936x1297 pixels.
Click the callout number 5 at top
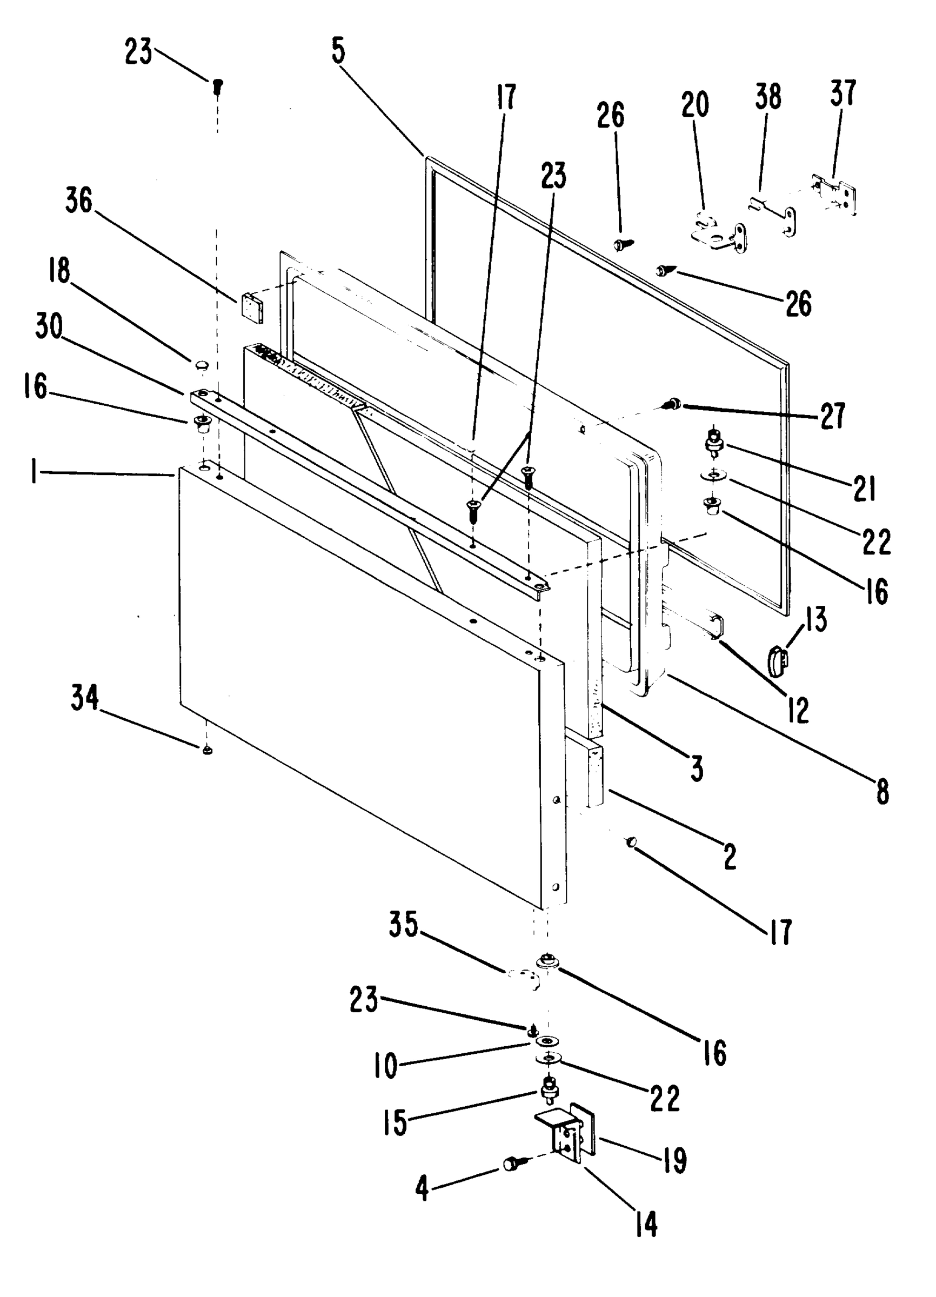[338, 51]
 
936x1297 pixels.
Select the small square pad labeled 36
[252, 307]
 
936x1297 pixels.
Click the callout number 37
[843, 93]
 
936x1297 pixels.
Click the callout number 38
[768, 98]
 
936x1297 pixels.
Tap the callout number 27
[832, 416]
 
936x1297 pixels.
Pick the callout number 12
[798, 710]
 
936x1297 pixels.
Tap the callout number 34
[85, 698]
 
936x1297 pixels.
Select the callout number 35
[404, 925]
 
